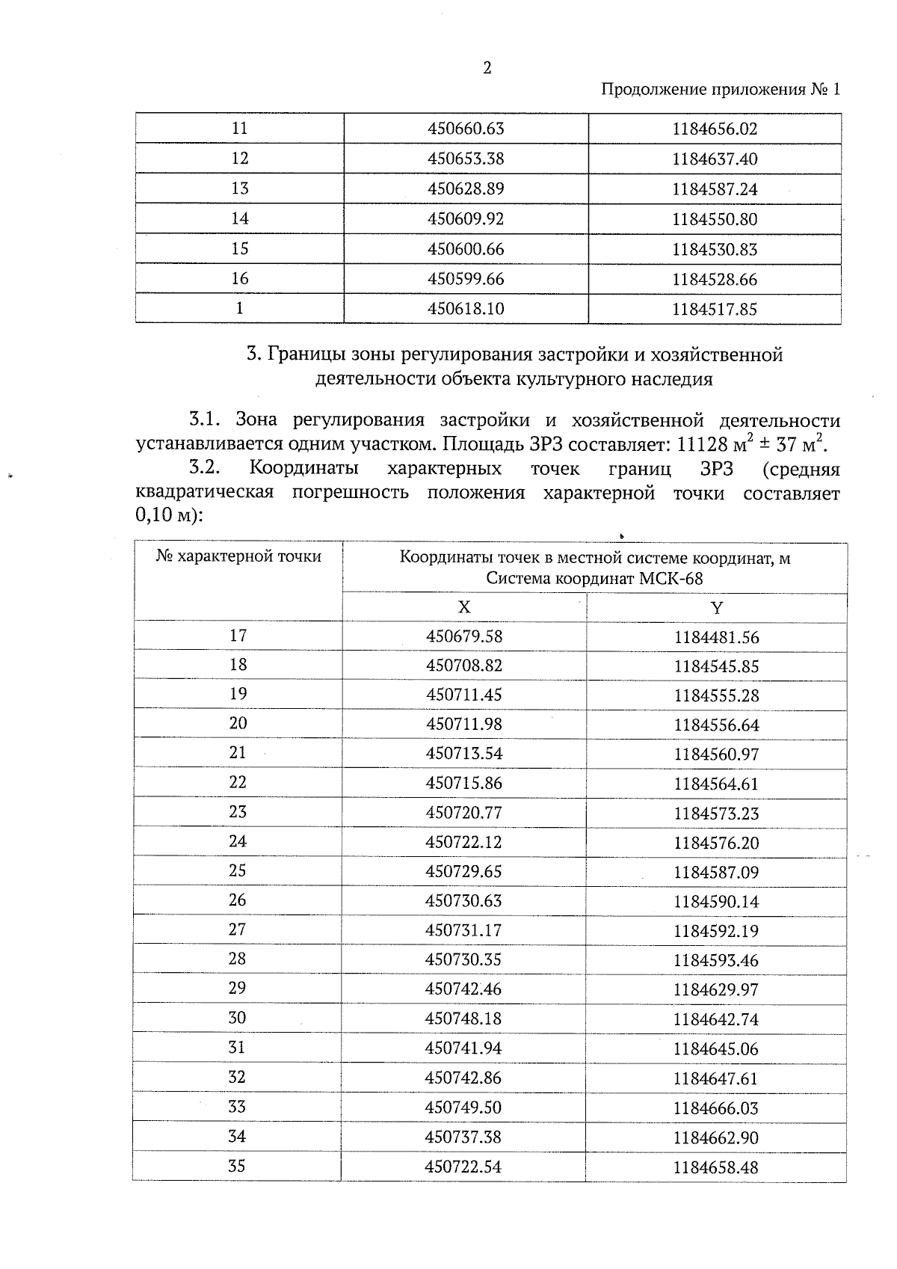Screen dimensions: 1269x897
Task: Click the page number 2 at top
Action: tap(487, 68)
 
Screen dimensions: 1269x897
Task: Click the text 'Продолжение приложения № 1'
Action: tap(721, 90)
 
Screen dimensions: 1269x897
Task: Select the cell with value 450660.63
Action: tap(466, 129)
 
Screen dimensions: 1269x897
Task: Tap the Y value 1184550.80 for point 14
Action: tap(715, 219)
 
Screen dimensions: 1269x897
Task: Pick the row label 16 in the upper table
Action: tap(239, 279)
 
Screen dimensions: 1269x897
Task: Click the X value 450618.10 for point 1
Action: tap(466, 309)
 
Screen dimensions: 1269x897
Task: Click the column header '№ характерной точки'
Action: tap(238, 556)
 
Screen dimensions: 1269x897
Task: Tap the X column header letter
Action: tap(464, 606)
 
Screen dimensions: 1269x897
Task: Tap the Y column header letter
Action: tap(716, 607)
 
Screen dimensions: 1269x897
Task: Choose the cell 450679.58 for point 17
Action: tap(464, 636)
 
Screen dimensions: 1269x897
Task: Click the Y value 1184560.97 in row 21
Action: tap(716, 755)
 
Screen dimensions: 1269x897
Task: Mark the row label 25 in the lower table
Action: tap(238, 870)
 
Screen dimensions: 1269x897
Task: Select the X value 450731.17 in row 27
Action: tap(464, 930)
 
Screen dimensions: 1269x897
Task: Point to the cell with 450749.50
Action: tap(463, 1107)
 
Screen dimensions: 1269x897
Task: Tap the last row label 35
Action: tap(237, 1166)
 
